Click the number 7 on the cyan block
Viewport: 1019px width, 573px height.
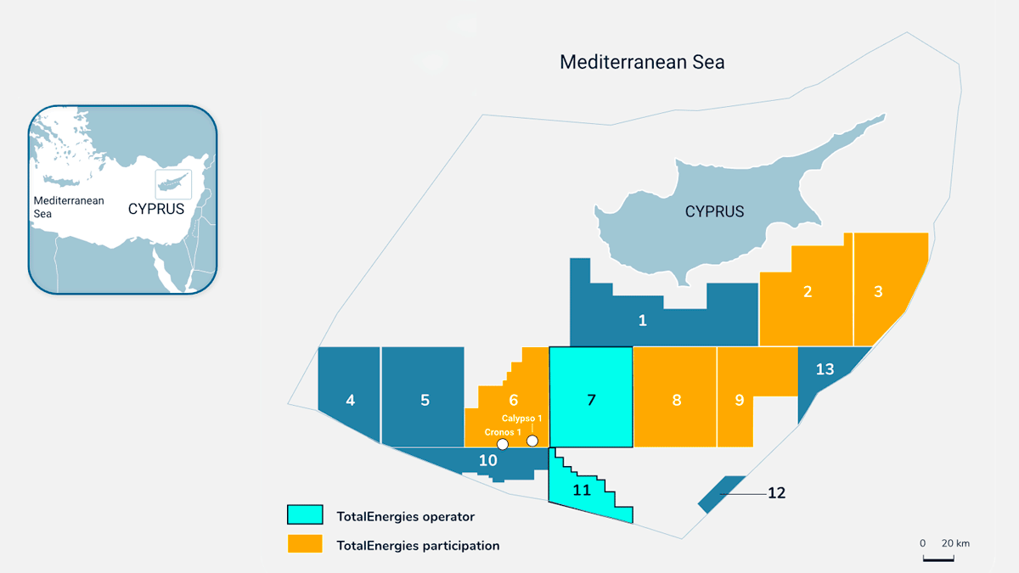point(592,401)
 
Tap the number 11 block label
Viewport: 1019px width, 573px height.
point(582,490)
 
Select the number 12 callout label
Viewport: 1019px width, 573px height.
point(776,492)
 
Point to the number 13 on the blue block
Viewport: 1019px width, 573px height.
point(825,369)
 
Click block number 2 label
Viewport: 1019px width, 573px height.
point(808,292)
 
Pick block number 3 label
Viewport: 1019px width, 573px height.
point(878,292)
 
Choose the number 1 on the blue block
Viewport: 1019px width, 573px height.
point(643,321)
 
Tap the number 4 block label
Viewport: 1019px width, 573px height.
point(351,401)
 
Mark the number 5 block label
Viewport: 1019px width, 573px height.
point(425,401)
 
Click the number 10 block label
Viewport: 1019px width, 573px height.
point(487,461)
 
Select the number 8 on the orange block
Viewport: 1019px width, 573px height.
point(677,401)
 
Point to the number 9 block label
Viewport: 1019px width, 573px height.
point(740,401)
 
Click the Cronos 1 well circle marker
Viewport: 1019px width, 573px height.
point(503,444)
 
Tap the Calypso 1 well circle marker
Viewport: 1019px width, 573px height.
point(532,441)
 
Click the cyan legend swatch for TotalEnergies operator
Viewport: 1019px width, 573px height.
point(305,514)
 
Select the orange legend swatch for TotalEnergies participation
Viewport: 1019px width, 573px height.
point(305,543)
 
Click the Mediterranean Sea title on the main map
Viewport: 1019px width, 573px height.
point(642,62)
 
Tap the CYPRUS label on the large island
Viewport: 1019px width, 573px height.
point(714,211)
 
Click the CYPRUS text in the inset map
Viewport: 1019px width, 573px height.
point(156,209)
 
